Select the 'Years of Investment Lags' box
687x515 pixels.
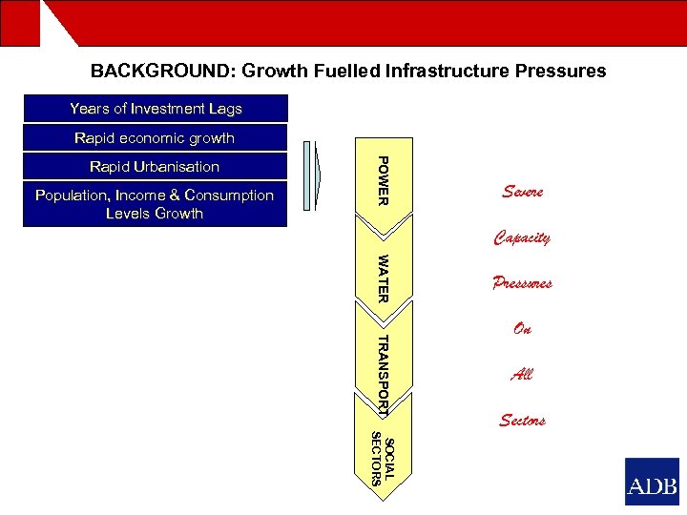155,109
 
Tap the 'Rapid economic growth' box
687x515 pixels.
155,138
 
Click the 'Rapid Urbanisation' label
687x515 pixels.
155,167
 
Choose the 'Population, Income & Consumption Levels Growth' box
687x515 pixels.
155,204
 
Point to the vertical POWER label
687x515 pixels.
382,180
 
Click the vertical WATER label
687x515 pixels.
382,278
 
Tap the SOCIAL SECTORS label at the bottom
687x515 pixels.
382,459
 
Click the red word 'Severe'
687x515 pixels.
522,192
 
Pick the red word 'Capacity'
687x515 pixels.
522,237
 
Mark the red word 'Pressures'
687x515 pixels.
522,283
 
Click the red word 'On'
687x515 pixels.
522,329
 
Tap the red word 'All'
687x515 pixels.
522,375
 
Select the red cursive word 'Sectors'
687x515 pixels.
522,421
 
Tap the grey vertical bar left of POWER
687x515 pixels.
306,175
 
